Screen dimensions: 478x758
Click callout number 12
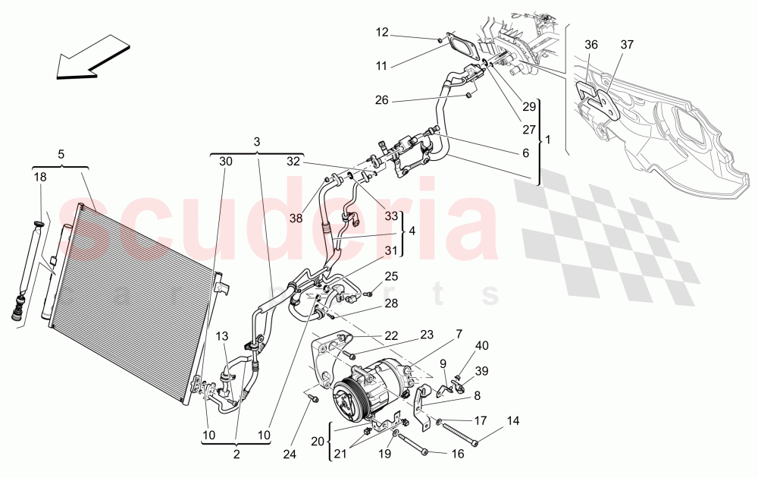click(x=382, y=32)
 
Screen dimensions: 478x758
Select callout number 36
click(x=591, y=46)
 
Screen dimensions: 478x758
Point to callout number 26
click(x=382, y=100)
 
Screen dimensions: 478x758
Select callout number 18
click(x=39, y=177)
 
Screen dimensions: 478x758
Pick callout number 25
click(x=391, y=275)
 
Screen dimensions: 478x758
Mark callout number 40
click(x=482, y=346)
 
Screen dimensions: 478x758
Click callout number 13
click(x=221, y=336)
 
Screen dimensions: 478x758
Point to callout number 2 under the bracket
click(x=236, y=454)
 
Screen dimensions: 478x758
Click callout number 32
click(x=293, y=161)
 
